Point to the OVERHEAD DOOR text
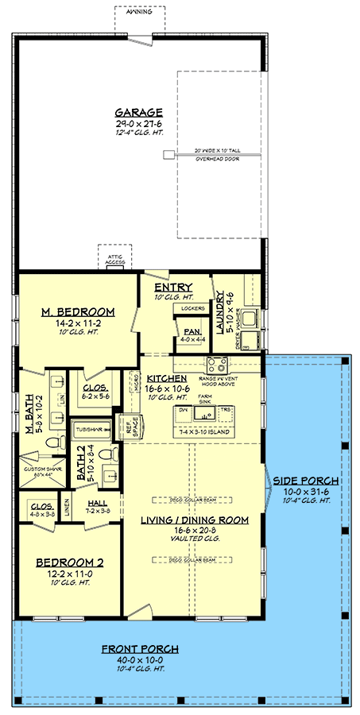pos(217,159)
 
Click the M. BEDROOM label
pos(78,311)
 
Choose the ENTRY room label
pos(172,287)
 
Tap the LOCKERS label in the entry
pos(193,308)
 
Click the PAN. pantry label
pos(192,331)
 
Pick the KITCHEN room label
pos(166,378)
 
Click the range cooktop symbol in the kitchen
pos(217,365)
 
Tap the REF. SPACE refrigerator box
pos(127,427)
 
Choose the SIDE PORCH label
pos(306,481)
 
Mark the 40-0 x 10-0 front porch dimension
pos(139,660)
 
